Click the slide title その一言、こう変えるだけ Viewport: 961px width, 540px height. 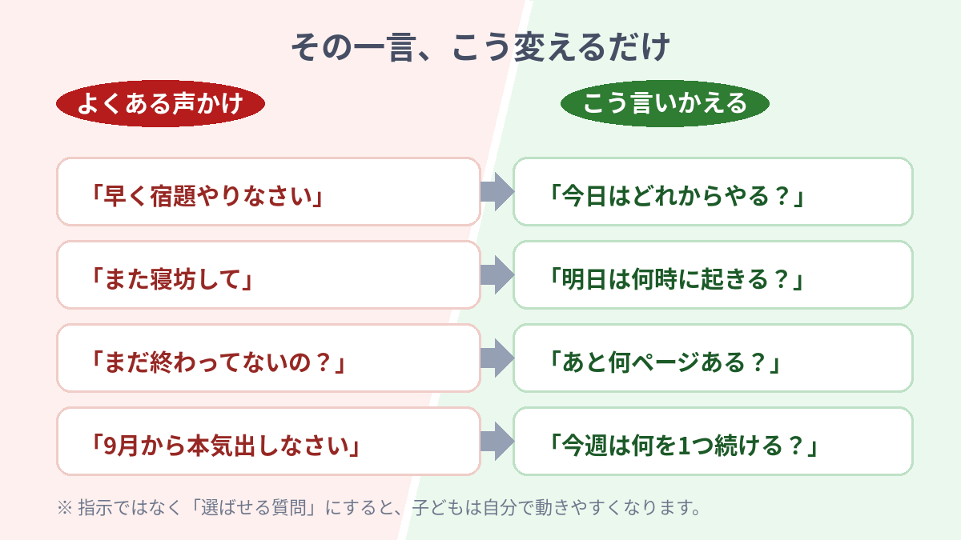(x=480, y=47)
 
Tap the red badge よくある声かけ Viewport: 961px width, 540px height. (x=160, y=103)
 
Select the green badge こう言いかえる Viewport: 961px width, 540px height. (x=665, y=103)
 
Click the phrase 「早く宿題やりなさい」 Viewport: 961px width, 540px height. (x=207, y=196)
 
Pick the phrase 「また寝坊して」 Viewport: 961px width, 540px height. (x=171, y=279)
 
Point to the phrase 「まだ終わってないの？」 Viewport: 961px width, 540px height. (x=218, y=362)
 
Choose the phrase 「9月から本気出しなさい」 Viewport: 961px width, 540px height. (x=225, y=446)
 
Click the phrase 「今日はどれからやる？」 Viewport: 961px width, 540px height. (x=677, y=196)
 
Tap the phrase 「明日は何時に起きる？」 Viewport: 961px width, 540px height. (x=677, y=279)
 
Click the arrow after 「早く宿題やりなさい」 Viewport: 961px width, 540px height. (x=497, y=191)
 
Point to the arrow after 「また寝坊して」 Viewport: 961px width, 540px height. (x=497, y=274)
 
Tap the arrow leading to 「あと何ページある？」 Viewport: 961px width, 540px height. (x=497, y=358)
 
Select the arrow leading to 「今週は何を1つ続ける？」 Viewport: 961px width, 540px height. (x=497, y=441)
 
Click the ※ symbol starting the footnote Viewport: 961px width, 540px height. (x=65, y=508)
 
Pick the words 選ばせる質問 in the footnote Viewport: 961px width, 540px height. (x=253, y=507)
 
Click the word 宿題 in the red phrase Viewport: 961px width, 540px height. (x=173, y=196)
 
